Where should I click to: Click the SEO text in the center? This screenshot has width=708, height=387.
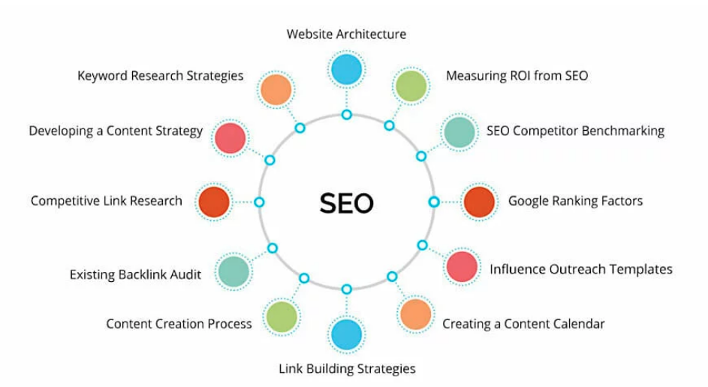[x=346, y=203]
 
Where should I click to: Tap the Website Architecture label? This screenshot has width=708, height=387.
[x=346, y=35]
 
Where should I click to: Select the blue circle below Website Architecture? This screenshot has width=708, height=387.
[x=346, y=70]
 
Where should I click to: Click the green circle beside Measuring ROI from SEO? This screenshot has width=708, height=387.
[x=411, y=86]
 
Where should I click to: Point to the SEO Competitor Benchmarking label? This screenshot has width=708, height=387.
[x=575, y=131]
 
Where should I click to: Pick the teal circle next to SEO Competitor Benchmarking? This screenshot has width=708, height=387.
[x=459, y=132]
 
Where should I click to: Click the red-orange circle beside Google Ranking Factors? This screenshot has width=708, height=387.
[x=479, y=202]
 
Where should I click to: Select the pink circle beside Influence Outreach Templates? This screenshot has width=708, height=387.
[x=462, y=267]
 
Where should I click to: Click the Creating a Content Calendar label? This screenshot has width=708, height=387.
[x=523, y=324]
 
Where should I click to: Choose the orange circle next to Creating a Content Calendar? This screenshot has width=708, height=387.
[x=416, y=314]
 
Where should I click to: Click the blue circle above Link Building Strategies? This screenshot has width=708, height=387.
[x=346, y=335]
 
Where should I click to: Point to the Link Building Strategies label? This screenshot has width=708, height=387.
[x=347, y=369]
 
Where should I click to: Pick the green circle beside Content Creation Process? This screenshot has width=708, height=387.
[x=282, y=317]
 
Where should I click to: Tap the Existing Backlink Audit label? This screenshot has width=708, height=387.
[x=135, y=275]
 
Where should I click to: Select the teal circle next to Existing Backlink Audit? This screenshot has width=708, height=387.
[x=234, y=272]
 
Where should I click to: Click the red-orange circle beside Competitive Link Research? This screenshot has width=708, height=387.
[x=214, y=202]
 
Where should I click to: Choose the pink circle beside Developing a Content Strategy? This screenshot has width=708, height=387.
[x=230, y=138]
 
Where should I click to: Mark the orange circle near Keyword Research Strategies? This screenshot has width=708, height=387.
[x=276, y=89]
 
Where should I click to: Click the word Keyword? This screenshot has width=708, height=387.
[x=103, y=76]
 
